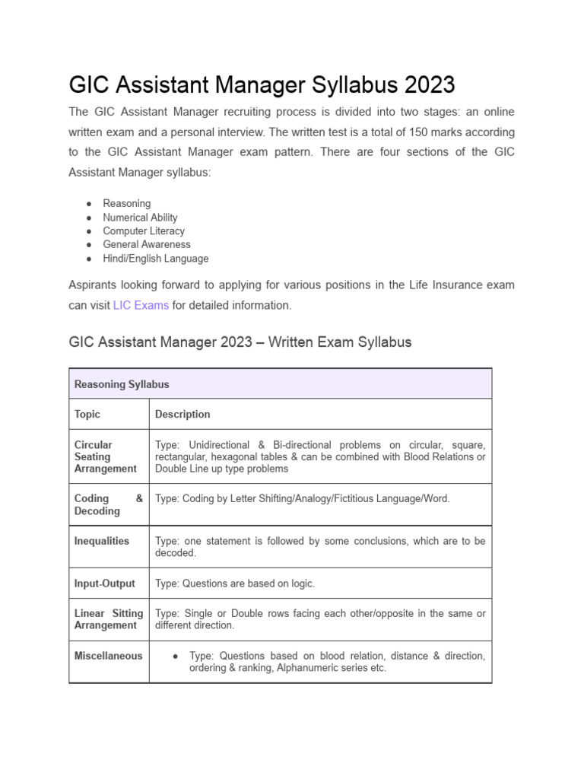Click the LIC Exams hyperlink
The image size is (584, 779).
click(141, 305)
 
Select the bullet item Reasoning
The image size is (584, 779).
click(127, 203)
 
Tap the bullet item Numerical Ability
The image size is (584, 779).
click(140, 217)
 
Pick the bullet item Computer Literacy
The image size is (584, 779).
click(144, 231)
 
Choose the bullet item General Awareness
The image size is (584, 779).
click(147, 244)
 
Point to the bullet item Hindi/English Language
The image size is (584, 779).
click(155, 258)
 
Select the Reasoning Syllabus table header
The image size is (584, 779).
click(122, 384)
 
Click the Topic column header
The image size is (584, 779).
click(87, 415)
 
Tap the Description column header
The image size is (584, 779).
click(182, 415)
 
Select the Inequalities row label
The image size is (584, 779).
click(102, 541)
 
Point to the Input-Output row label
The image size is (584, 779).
click(104, 583)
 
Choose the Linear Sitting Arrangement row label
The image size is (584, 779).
click(108, 619)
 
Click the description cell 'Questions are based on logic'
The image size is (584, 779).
click(235, 583)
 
